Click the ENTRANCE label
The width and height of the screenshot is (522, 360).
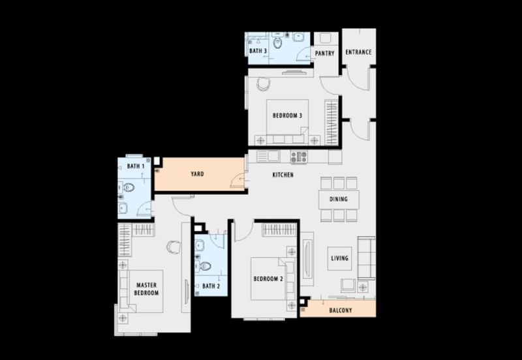(x=358, y=52)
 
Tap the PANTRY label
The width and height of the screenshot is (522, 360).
(x=324, y=53)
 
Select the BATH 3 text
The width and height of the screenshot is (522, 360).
(x=258, y=51)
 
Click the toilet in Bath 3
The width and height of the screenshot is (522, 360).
(x=277, y=42)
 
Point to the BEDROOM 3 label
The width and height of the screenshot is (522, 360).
(x=287, y=116)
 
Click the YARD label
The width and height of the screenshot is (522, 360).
(x=198, y=174)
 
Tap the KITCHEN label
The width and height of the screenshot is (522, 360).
(x=283, y=175)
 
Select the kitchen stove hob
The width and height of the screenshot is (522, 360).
(x=299, y=157)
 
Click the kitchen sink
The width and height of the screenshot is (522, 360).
(x=268, y=156)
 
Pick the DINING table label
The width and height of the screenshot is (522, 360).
(x=339, y=200)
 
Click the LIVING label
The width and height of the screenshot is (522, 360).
(x=339, y=258)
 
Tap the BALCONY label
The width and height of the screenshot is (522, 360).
(x=340, y=310)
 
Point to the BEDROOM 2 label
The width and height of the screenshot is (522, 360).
(x=268, y=279)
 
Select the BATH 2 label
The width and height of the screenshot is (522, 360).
(x=211, y=286)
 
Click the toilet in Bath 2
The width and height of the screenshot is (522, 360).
(x=205, y=266)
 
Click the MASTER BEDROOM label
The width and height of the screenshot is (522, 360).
(x=146, y=289)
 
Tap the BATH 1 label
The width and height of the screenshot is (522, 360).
(x=136, y=166)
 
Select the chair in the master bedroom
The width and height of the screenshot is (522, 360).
(x=174, y=247)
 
